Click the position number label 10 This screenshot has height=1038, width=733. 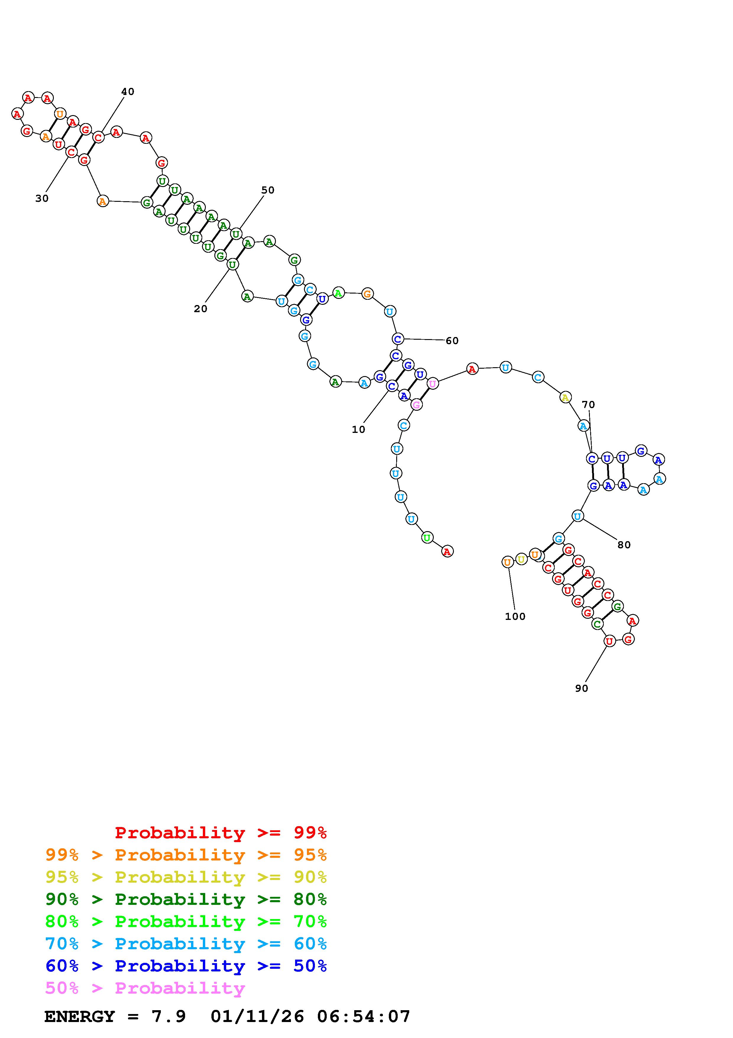[x=358, y=429]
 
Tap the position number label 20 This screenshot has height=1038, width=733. [x=200, y=309]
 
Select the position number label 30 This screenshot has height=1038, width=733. [x=42, y=199]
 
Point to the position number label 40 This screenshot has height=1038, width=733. [x=127, y=92]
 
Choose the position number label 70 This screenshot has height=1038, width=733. [x=588, y=404]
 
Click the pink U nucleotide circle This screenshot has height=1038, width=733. [x=433, y=384]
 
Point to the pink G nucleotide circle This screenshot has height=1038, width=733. [x=416, y=404]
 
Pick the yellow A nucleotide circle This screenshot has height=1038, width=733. [x=565, y=397]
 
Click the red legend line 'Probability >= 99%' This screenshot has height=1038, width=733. [x=220, y=833]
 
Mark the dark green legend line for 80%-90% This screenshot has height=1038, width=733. [x=186, y=900]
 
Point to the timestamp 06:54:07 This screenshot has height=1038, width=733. [x=364, y=1017]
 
